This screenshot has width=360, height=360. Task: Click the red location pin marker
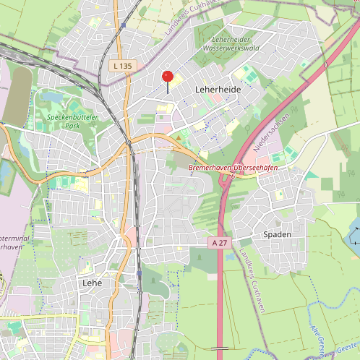click(x=168, y=77)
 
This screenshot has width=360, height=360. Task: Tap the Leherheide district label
click(x=218, y=88)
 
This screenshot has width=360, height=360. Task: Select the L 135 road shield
click(x=122, y=66)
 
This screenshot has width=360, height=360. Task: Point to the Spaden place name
click(x=277, y=234)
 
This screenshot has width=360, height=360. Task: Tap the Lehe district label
click(x=92, y=282)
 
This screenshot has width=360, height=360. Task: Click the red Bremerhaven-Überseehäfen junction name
click(x=233, y=168)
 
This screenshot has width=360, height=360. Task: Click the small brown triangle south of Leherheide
click(x=179, y=136)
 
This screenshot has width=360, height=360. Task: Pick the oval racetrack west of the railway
click(x=17, y=94)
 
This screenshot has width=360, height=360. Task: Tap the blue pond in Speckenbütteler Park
click(x=53, y=96)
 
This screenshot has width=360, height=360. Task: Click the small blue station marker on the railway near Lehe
click(x=138, y=275)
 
